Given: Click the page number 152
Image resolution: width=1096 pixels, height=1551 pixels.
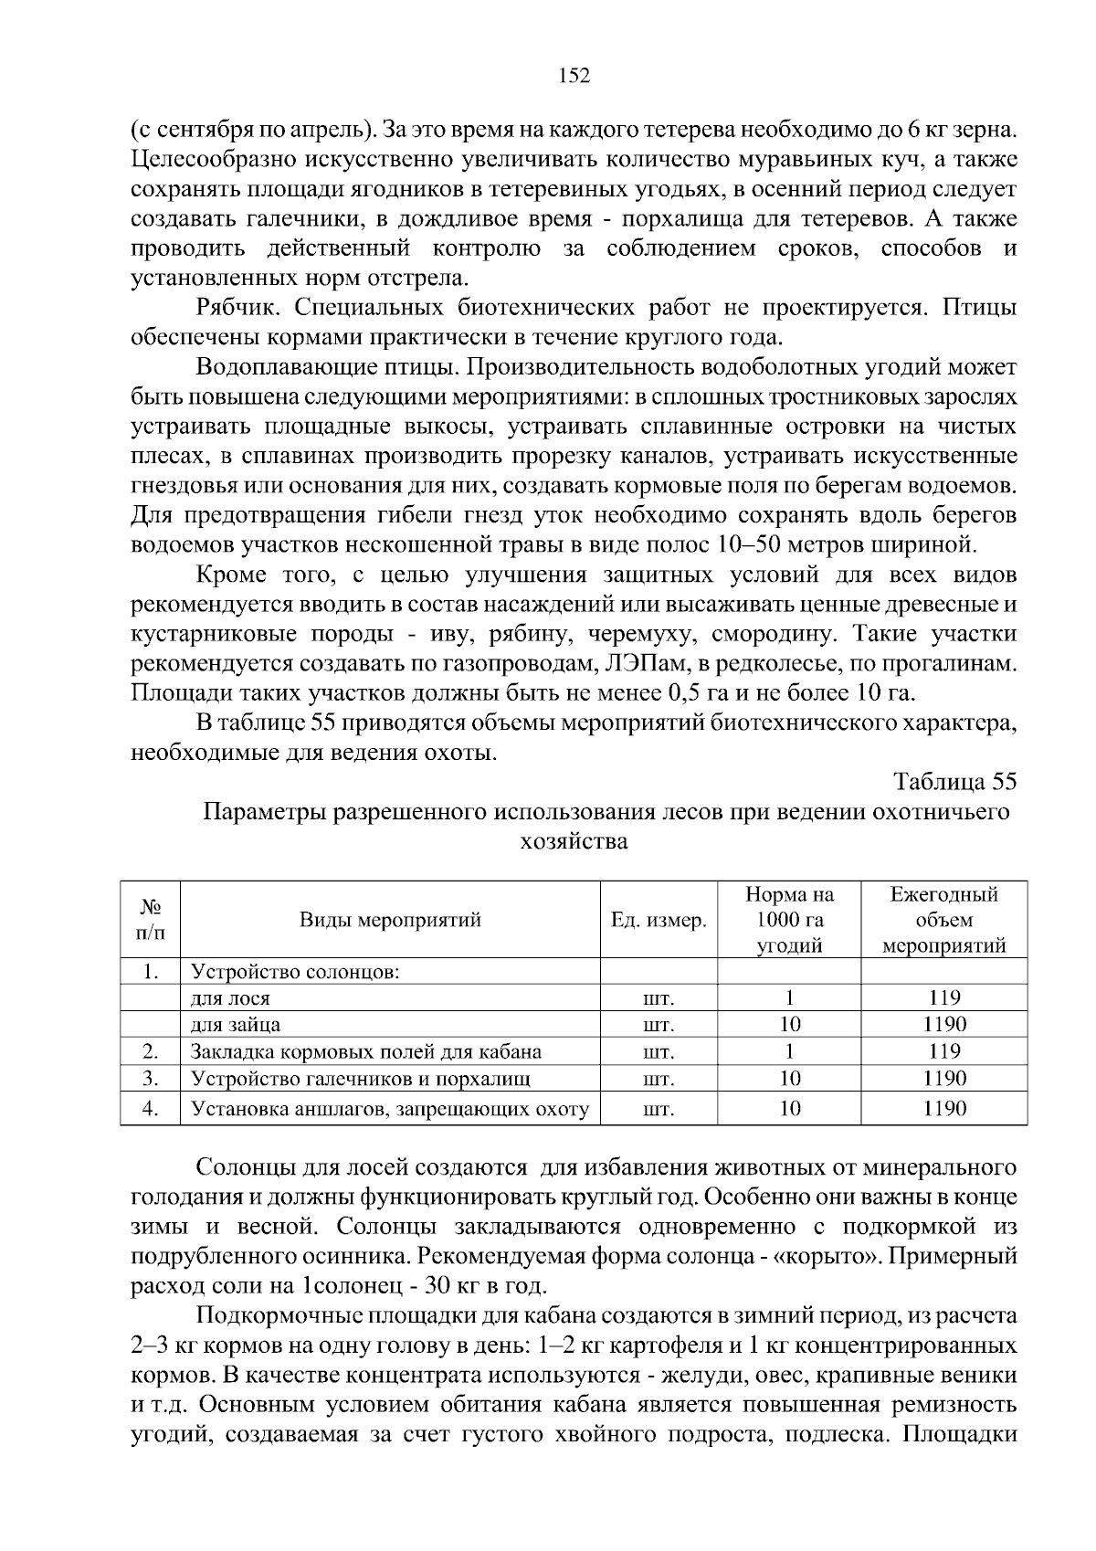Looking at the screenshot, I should click(x=574, y=76).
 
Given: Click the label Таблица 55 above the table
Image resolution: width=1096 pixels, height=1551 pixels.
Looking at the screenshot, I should click(x=954, y=783).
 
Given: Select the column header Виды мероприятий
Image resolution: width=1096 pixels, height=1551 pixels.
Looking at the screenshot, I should click(x=390, y=920).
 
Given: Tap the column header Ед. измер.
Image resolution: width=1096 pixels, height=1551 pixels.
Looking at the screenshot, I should click(x=659, y=920).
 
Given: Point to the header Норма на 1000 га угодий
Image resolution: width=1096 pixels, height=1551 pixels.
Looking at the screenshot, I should click(x=790, y=920).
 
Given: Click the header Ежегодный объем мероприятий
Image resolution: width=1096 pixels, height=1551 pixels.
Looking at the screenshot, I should click(x=943, y=920).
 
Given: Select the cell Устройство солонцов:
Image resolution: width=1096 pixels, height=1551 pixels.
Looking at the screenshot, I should click(x=295, y=971).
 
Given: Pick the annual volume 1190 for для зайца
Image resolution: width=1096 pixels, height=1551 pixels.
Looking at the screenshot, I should click(x=943, y=1025).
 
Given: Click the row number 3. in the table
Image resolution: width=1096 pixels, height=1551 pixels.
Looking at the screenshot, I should click(x=151, y=1079).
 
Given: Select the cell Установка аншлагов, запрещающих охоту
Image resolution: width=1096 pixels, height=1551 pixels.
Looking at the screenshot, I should click(x=390, y=1109).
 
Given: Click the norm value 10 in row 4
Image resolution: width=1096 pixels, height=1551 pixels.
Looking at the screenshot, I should click(x=790, y=1109).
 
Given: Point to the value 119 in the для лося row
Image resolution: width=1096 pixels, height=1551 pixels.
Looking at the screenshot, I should click(x=943, y=998).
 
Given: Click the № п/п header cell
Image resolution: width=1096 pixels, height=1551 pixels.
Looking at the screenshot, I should click(x=151, y=920).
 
